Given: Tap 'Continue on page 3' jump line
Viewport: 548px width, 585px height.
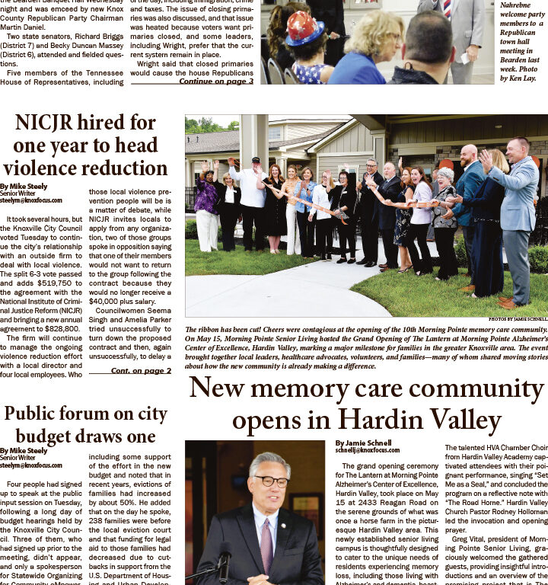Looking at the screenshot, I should [x=216, y=82].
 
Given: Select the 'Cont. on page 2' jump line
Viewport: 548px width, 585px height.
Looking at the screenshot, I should [x=141, y=370].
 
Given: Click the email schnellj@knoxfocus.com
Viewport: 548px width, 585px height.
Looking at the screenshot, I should [x=367, y=450].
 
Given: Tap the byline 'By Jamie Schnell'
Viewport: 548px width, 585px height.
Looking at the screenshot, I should [x=363, y=443].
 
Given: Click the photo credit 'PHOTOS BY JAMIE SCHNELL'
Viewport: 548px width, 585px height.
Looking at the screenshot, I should [x=518, y=319].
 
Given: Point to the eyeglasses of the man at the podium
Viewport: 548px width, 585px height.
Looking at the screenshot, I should [x=271, y=481].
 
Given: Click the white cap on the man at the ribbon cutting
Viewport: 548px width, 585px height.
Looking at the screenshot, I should [x=256, y=161].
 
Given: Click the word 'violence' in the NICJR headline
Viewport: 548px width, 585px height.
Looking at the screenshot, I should [x=40, y=168].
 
